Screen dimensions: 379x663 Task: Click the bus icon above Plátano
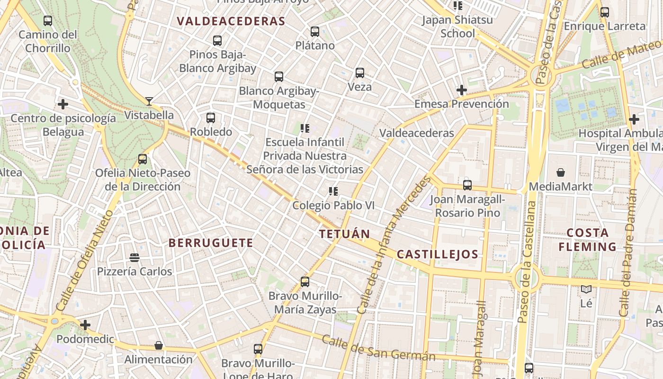click(315, 32)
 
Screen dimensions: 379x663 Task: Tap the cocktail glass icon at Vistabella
click(149, 101)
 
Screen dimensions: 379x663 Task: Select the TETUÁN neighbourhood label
click(344, 234)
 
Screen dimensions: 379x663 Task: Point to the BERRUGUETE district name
click(211, 243)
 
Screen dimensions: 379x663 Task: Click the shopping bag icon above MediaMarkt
click(561, 172)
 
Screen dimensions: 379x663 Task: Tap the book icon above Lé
click(586, 289)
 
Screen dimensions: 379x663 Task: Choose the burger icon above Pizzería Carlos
click(134, 258)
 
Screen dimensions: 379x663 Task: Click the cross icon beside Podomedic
click(85, 325)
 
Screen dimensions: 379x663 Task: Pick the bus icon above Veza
click(360, 73)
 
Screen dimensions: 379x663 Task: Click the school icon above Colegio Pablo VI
click(333, 191)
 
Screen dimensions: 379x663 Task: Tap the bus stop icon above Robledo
click(211, 117)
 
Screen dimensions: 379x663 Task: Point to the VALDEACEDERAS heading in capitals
click(231, 21)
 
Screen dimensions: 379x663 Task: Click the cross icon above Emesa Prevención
click(462, 90)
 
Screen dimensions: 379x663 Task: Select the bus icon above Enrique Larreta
click(605, 12)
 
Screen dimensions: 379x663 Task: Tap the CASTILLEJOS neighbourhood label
click(438, 254)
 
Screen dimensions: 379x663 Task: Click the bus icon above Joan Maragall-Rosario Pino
click(467, 185)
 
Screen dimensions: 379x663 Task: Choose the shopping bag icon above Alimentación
click(159, 345)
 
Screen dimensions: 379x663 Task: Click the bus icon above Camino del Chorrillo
click(48, 21)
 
